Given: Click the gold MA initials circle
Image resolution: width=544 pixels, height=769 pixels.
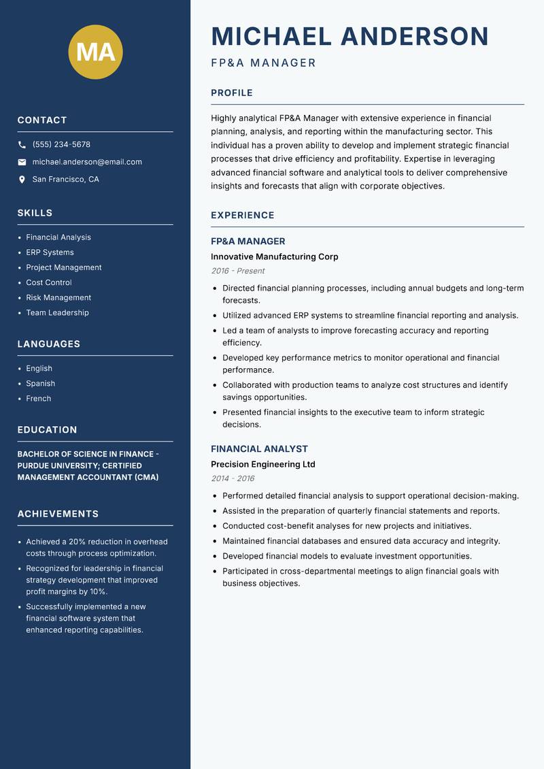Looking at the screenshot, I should coord(95,52).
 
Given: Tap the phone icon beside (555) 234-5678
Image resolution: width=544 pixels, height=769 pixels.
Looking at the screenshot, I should coord(22,145).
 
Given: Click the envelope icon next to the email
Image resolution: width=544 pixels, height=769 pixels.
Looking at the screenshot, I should coord(22,162).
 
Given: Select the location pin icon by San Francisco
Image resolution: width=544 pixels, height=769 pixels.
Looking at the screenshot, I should coord(22,180).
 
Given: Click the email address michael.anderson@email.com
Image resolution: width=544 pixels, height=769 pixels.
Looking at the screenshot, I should coord(87,162).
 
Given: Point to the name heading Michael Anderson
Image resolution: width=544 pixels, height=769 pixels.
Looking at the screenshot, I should coord(350,36).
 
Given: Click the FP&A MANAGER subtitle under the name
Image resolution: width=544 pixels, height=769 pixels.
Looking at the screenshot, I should coord(263,63).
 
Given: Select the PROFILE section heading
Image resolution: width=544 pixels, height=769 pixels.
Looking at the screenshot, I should coord(231,93).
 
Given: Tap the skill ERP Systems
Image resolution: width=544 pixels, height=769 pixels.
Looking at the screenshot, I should coord(50,252).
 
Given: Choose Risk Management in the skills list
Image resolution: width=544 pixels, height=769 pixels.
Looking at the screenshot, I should coord(58,297).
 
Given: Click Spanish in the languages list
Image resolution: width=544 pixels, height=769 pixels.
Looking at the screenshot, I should coord(40,383).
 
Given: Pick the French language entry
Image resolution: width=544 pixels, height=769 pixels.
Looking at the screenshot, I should coord(38,398).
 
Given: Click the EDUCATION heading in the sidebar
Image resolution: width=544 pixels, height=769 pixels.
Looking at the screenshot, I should coord(47,430).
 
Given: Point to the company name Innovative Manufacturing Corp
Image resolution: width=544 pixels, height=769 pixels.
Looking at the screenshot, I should coord(274,257).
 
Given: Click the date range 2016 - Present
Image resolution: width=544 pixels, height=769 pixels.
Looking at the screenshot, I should coord(237,271).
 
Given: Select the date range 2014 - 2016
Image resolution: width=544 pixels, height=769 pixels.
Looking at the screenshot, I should coord(232,478).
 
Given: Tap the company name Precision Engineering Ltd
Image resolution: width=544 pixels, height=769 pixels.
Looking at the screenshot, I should coord(262,464).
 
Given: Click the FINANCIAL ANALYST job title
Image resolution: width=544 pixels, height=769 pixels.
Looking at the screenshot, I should coord(259,449).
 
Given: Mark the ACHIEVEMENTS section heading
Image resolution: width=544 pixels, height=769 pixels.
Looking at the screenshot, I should coord(58,514).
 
